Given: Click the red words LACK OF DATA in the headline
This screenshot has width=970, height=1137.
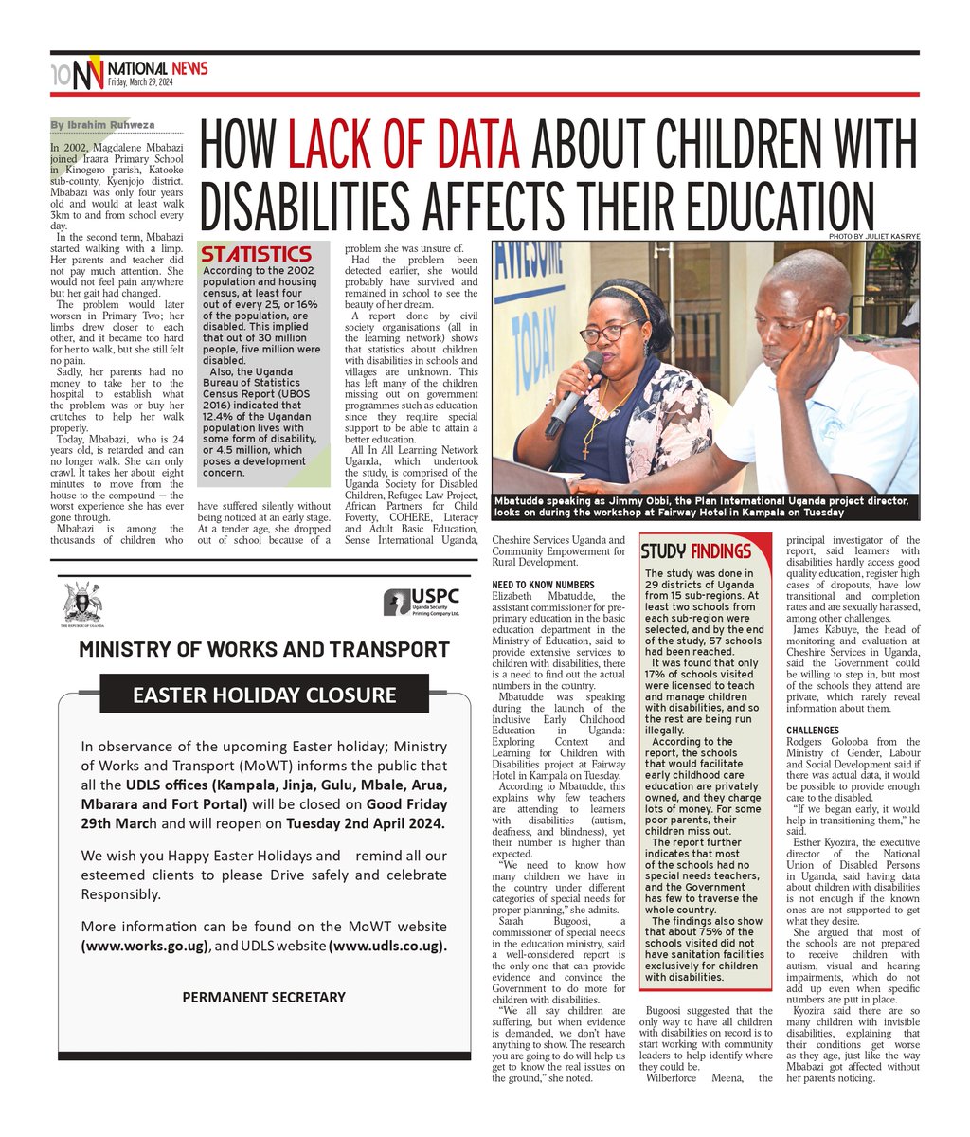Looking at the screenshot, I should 404,149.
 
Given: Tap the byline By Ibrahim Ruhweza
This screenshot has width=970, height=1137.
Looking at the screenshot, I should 102,125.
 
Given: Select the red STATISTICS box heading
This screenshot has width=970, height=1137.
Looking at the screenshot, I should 256,254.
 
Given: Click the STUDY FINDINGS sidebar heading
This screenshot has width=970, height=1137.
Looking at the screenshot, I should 696,551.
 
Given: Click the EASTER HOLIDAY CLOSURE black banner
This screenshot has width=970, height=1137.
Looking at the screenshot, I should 264,695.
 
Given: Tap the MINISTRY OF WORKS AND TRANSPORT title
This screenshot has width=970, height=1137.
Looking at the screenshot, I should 264,649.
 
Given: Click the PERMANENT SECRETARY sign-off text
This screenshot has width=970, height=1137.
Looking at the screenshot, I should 263,997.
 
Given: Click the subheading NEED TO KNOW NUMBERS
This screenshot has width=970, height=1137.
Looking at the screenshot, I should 544,584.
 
